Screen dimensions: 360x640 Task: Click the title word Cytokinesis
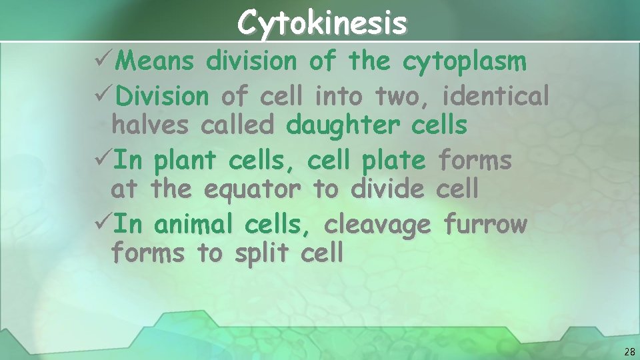pyautogui.click(x=322, y=23)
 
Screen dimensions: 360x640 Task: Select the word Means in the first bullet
pyautogui.click(x=159, y=62)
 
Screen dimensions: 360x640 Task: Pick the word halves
pyautogui.click(x=151, y=125)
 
